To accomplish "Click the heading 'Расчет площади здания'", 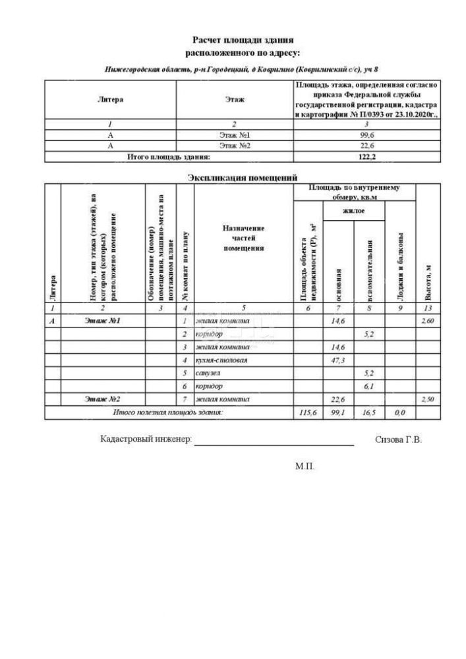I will pos(243,40).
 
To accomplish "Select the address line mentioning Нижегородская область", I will pos(243,69).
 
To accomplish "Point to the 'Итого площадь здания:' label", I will pos(168,157).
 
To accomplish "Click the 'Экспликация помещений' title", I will pos(243,177).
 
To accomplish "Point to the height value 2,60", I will pos(428,320).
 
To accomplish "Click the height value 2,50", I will pos(428,399).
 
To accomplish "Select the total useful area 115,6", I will pos(307,413).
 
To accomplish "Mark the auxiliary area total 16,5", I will pos(369,413).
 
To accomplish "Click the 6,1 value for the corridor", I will pos(369,386).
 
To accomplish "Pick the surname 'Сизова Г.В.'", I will pos(397,439).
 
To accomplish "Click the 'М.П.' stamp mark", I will pos(305,466).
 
